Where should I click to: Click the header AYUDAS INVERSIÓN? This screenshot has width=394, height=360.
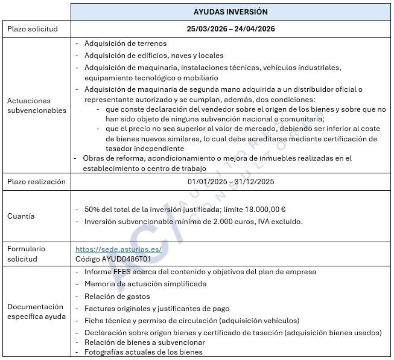coord(231,12)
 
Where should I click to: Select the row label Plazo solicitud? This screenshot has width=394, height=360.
coord(32,29)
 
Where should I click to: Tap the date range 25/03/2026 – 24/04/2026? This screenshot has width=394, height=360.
coord(231,29)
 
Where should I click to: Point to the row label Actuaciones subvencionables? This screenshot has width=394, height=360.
coord(29,106)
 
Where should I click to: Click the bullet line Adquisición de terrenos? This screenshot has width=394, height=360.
coord(126,43)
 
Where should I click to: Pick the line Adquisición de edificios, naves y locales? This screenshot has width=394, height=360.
coord(154,56)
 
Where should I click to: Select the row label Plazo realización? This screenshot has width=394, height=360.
coord(36,182)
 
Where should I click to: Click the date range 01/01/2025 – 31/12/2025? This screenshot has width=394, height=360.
coord(231,181)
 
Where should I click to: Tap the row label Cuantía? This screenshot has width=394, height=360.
coord(21,216)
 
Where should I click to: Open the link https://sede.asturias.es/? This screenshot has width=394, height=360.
coord(110,249)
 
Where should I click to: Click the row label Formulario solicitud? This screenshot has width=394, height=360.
coord(27,254)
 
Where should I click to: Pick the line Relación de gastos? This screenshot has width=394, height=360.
coord(117,297)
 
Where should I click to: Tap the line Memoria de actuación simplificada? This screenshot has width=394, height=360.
coord(145,284)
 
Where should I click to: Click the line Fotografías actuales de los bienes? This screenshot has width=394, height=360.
coord(144,352)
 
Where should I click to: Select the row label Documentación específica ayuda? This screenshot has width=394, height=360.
coord(35,312)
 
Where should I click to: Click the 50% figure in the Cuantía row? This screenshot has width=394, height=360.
coord(92,210)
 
